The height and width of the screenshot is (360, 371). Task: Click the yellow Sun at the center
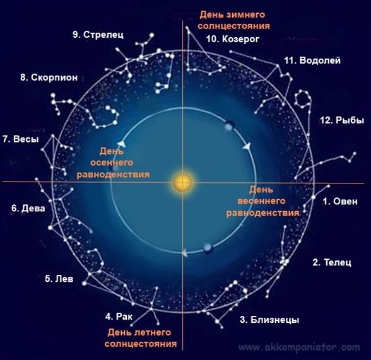tap(183, 182)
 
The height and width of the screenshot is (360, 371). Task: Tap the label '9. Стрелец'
tap(98, 35)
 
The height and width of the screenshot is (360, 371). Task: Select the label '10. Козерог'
tap(233, 39)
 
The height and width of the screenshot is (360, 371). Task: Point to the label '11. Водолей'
tap(312, 61)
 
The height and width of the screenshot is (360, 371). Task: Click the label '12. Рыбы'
tap(342, 120)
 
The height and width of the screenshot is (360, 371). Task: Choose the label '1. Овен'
tap(340, 201)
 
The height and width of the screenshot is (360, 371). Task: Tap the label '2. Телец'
tap(332, 262)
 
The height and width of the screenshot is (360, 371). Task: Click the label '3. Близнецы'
tap(269, 320)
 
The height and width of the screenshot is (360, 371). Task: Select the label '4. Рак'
tap(119, 316)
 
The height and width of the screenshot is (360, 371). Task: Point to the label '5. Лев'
tap(59, 279)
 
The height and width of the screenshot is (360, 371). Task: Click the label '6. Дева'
tap(28, 209)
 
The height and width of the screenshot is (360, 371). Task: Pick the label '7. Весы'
tap(21, 139)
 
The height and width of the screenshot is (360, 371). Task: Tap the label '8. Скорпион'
tap(49, 78)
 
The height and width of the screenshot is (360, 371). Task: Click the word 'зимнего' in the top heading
tap(246, 15)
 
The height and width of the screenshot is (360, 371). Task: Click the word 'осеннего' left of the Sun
tap(112, 163)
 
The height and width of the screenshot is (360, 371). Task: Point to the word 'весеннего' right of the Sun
tap(261, 201)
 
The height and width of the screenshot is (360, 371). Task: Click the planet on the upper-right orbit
tap(229, 126)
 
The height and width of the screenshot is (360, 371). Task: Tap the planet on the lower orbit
tap(208, 248)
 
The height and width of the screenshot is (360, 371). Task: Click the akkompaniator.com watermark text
tap(299, 347)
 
